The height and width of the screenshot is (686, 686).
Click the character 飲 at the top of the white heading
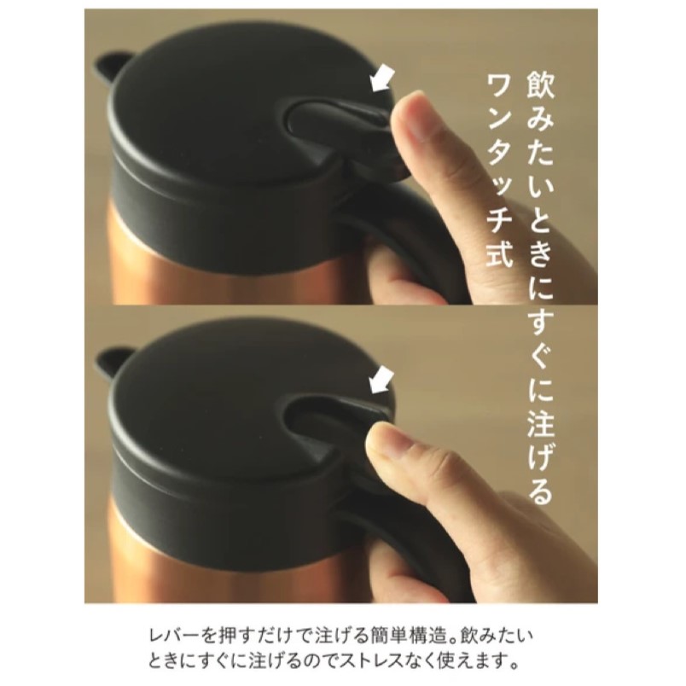click(x=540, y=84)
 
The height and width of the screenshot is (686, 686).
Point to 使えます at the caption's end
click(x=472, y=660)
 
